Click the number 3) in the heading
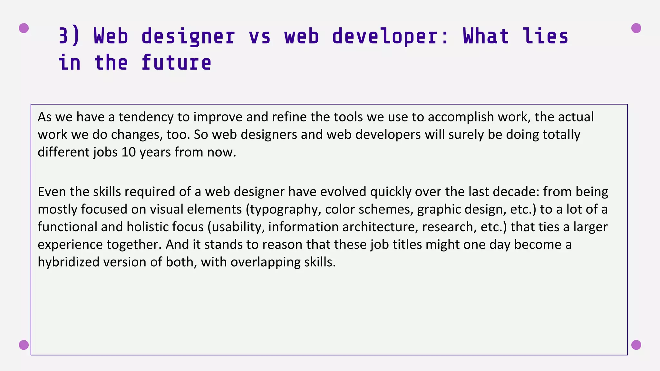[x=69, y=36]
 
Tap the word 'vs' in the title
[x=260, y=36]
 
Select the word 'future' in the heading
[x=176, y=62]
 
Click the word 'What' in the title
[x=486, y=36]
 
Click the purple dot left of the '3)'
[x=24, y=28]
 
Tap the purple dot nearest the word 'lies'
[x=636, y=28]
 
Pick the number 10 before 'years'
[x=129, y=152]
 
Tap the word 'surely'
[x=466, y=135]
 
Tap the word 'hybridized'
[x=69, y=262]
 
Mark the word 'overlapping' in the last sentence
[x=265, y=262]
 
